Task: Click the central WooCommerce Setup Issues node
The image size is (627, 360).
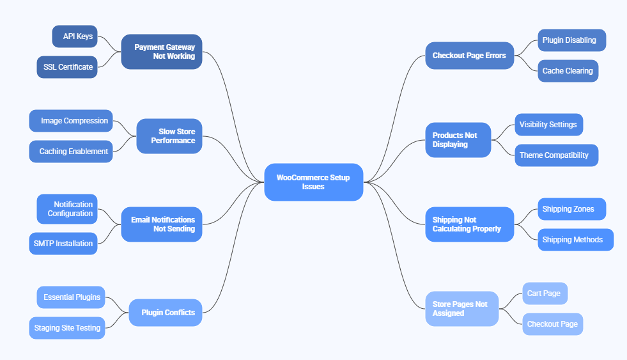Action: click(x=313, y=182)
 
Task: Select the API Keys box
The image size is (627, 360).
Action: click(x=75, y=36)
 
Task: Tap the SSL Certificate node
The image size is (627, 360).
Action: click(x=67, y=67)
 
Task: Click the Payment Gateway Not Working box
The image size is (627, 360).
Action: click(x=162, y=52)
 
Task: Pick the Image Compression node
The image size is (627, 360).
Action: click(x=71, y=121)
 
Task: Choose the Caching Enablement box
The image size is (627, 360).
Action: click(x=71, y=152)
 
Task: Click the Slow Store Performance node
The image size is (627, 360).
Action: click(x=169, y=136)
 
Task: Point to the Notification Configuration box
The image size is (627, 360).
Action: click(x=67, y=209)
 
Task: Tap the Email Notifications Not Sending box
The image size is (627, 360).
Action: click(x=162, y=224)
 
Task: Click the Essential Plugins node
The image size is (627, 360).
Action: click(x=71, y=297)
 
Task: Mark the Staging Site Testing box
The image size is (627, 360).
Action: click(x=67, y=328)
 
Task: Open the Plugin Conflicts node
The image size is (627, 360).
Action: click(x=166, y=313)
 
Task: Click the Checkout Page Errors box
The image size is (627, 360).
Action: click(x=469, y=56)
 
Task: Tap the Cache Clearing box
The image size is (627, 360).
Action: click(x=568, y=71)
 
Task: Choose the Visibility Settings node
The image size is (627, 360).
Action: click(x=548, y=125)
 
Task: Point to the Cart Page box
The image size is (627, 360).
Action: click(x=545, y=293)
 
